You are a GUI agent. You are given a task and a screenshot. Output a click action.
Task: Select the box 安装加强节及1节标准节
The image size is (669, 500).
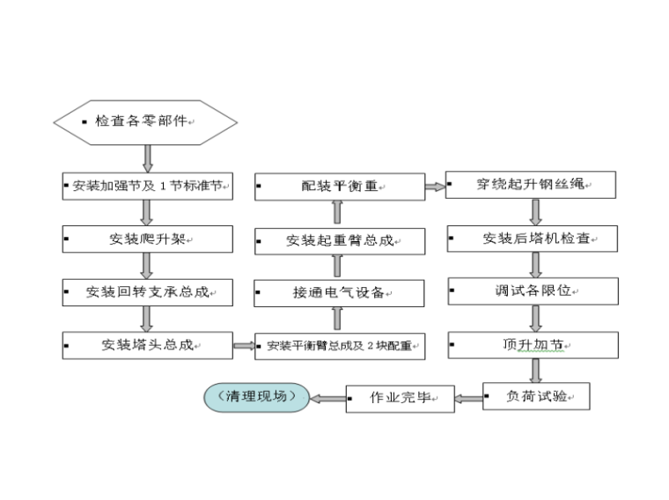click(148, 187)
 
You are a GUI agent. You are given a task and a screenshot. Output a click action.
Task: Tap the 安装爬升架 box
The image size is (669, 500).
click(148, 239)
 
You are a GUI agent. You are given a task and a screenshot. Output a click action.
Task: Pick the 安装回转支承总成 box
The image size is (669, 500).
click(148, 292)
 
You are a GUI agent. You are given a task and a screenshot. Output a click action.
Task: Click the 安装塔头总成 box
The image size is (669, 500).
click(148, 345)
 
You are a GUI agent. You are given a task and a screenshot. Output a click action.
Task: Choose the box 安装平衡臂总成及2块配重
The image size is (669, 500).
click(340, 345)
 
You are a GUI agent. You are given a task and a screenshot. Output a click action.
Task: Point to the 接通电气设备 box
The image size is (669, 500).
click(340, 292)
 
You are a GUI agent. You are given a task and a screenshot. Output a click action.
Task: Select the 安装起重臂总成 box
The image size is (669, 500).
click(340, 239)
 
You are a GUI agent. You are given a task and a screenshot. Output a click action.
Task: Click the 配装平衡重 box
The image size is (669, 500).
click(340, 187)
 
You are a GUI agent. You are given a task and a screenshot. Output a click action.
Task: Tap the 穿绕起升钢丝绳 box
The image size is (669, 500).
click(531, 185)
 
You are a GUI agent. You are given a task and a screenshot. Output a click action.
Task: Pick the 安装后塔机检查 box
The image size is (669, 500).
click(533, 239)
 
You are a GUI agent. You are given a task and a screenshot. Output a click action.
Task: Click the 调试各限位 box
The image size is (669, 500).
click(533, 290)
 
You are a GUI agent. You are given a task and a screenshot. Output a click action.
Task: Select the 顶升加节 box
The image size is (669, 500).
click(533, 345)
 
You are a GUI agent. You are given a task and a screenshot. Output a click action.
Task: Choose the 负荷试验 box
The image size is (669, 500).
click(536, 397)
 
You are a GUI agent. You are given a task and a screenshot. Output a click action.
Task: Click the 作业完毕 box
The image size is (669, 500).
click(401, 398)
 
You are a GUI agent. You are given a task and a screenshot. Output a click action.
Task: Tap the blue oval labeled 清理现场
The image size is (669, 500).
click(258, 397)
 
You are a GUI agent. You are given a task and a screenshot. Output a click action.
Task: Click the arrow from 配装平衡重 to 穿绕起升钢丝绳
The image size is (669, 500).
click(435, 186)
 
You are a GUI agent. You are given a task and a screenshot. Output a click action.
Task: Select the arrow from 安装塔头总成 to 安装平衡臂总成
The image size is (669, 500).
click(244, 345)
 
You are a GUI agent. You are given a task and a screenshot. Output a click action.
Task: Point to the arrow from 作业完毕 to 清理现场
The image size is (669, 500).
click(327, 398)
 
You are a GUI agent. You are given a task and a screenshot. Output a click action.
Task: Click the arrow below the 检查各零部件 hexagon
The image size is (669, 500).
click(147, 158)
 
